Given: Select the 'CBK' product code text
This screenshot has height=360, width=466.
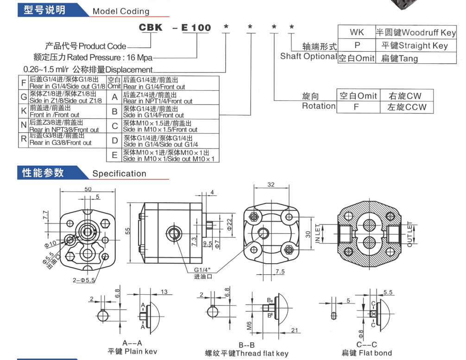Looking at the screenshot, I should [151, 27].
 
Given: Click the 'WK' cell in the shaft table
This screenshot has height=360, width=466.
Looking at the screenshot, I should [356, 32].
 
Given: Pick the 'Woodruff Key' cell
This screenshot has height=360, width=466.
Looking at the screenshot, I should [416, 32].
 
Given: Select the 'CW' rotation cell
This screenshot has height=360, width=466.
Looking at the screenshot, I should [405, 96].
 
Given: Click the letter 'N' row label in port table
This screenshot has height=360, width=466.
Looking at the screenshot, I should [23, 126].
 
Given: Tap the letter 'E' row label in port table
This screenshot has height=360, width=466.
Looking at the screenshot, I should [114, 155].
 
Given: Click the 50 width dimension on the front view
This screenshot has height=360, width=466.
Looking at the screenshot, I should [88, 189].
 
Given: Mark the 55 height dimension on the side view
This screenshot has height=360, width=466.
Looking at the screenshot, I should [127, 230].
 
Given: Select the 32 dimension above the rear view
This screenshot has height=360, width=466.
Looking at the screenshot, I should [271, 184].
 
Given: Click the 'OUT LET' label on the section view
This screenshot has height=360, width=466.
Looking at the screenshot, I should [409, 234].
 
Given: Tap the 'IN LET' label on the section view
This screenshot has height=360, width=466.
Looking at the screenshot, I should [318, 234].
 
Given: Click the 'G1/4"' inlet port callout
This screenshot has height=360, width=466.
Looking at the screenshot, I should [203, 270].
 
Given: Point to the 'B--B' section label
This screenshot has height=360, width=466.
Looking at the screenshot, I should [246, 345].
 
